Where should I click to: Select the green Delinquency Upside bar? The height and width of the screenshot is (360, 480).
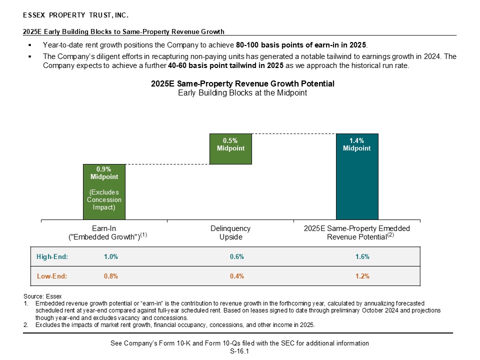230,148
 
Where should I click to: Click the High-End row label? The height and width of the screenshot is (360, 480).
52,257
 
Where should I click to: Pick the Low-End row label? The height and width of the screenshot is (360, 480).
52,276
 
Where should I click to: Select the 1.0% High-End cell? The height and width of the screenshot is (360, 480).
110,257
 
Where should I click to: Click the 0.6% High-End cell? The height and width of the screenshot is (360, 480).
236,257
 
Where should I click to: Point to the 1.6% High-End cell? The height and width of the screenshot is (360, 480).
362,257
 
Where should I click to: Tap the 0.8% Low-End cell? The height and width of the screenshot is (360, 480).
110,276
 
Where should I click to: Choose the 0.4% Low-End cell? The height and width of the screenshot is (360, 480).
236,276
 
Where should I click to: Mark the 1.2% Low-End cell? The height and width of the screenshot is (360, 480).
362,276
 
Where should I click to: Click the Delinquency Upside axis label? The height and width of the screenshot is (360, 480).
230,232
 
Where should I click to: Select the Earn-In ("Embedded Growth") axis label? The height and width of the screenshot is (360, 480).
104,232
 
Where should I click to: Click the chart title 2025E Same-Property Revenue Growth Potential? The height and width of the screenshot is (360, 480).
242,83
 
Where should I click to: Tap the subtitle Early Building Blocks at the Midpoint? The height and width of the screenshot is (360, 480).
242,92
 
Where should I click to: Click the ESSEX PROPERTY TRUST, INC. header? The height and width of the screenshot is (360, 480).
72,16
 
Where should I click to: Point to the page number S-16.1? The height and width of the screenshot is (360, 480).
239,351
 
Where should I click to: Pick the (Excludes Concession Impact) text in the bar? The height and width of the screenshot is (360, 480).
104,200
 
